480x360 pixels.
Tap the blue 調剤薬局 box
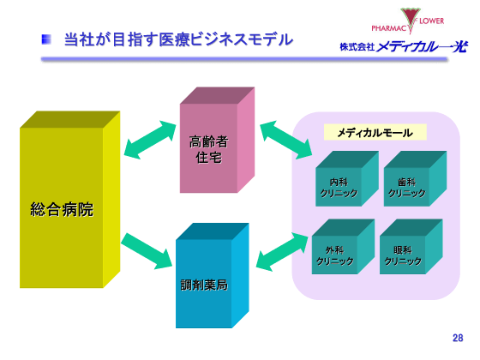point(206,279)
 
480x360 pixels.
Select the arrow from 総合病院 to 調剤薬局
point(147,249)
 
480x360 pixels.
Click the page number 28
point(457,338)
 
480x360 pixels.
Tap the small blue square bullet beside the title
point(48,39)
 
